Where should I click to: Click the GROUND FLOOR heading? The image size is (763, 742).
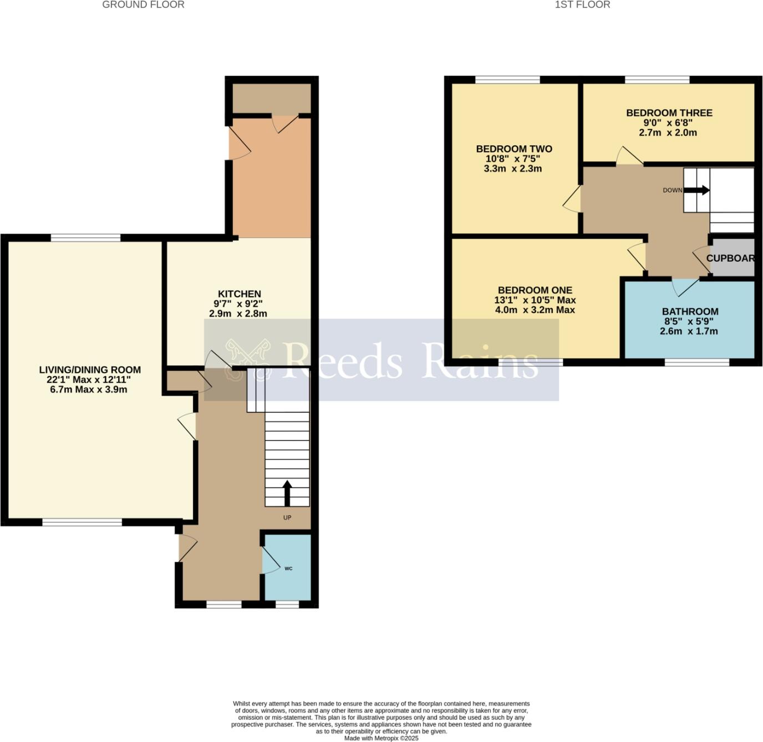[143, 5]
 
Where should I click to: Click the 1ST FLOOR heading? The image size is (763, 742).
[582, 5]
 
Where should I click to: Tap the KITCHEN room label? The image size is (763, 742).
[239, 294]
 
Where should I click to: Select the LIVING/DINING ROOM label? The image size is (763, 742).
[90, 370]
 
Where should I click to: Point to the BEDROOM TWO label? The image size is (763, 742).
[514, 149]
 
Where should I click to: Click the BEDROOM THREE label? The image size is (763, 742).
[669, 113]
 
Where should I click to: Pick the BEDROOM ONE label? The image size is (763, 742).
[535, 290]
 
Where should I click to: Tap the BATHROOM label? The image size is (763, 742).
[690, 312]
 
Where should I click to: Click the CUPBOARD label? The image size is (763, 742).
[730, 258]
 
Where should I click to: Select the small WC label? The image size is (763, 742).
[288, 568]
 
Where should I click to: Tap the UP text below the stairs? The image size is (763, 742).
[287, 517]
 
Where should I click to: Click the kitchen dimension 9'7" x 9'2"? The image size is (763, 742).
[238, 304]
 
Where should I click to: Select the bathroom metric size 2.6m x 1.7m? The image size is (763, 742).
[689, 331]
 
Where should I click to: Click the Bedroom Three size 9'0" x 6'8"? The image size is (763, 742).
[669, 123]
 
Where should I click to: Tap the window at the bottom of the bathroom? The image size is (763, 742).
[697, 363]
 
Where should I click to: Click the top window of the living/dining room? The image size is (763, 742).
[85, 238]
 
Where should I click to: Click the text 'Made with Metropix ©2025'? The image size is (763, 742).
[381, 738]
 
